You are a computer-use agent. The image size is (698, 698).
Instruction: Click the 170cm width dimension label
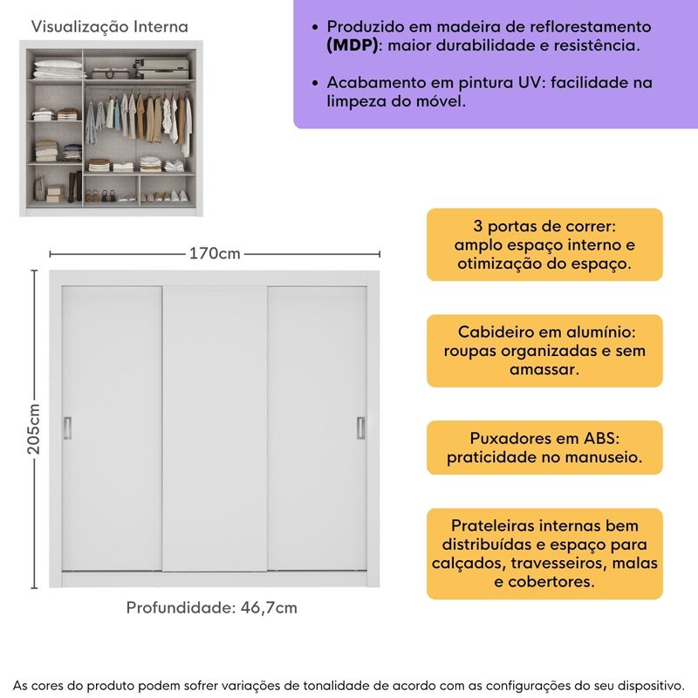pyautogui.click(x=215, y=254)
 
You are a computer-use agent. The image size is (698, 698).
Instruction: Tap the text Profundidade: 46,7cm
pyautogui.click(x=212, y=607)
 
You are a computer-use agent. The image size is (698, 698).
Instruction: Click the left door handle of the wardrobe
pyautogui.click(x=68, y=427)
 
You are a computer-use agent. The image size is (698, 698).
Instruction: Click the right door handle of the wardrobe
pyautogui.click(x=359, y=427)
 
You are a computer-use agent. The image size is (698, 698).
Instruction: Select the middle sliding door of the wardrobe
pyautogui.click(x=215, y=428)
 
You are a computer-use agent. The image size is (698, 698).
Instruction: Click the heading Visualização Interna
pyautogui.click(x=109, y=27)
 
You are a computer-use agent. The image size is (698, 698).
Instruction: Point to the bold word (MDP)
pyautogui.click(x=352, y=45)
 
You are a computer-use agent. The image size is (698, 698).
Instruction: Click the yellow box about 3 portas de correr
pyautogui.click(x=544, y=244)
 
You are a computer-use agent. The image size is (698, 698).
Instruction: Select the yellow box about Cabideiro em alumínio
pyautogui.click(x=544, y=351)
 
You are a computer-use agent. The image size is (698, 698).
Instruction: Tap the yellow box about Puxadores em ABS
pyautogui.click(x=544, y=448)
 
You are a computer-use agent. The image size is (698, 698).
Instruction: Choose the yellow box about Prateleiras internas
pyautogui.click(x=544, y=553)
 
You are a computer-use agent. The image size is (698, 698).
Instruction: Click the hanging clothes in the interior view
pyautogui.click(x=140, y=118)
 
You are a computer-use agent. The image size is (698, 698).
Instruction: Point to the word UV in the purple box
pyautogui.click(x=524, y=83)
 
